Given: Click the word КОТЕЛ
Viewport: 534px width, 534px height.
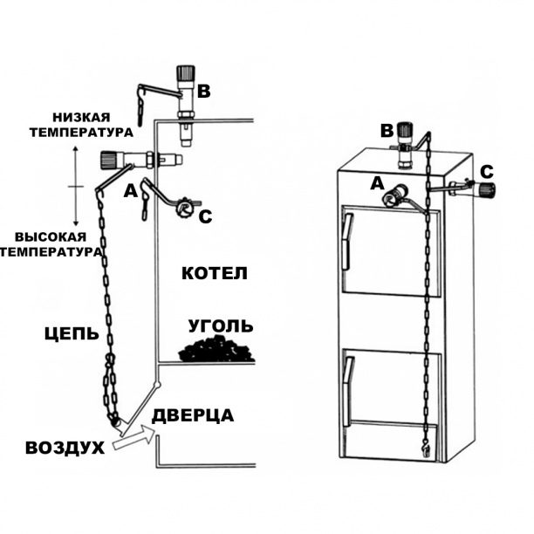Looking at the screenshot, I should (215, 273).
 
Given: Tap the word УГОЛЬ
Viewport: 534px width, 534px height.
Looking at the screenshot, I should (222, 326).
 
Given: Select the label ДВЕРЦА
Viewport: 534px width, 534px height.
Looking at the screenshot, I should (193, 415).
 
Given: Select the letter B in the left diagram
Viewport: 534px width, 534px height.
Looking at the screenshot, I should (204, 91).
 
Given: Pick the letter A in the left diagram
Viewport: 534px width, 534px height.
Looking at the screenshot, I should (132, 190).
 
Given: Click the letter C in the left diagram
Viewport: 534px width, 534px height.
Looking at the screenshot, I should (204, 216).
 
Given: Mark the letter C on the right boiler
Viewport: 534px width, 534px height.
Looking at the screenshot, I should (487, 170).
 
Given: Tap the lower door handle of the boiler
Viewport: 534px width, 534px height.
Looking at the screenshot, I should (348, 393).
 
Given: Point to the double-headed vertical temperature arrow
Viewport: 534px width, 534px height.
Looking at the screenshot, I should (77, 187).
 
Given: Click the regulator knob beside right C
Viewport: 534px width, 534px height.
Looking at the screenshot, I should (484, 188).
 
